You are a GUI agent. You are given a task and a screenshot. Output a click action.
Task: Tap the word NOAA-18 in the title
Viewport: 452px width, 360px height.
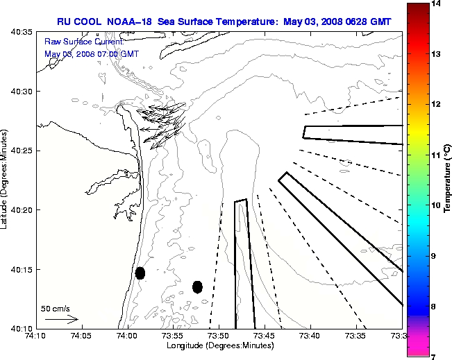(x=133, y=22)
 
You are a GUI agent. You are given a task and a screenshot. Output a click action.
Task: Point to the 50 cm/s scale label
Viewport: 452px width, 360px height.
(x=56, y=308)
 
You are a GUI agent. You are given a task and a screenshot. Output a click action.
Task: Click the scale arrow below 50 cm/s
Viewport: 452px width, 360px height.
(x=61, y=320)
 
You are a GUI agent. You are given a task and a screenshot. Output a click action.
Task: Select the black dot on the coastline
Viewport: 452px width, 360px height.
(x=140, y=273)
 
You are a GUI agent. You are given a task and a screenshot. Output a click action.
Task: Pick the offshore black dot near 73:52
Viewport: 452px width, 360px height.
(x=197, y=286)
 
